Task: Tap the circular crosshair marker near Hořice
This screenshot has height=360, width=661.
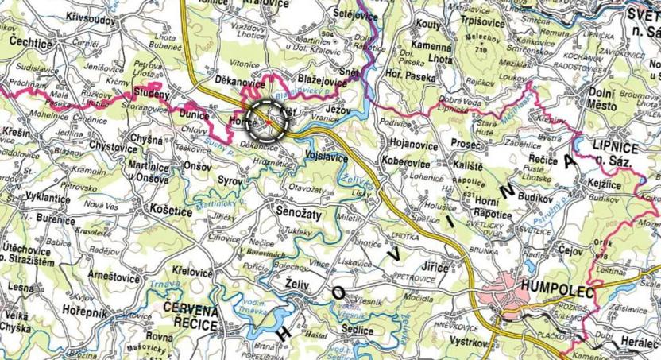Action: (x=265, y=121)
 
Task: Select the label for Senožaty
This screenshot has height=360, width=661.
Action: (x=297, y=214)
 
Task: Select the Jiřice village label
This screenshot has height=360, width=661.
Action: (x=437, y=269)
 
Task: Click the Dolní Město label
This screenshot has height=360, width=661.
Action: (x=609, y=98)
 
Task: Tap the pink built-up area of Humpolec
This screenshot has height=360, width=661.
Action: (x=508, y=300)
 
